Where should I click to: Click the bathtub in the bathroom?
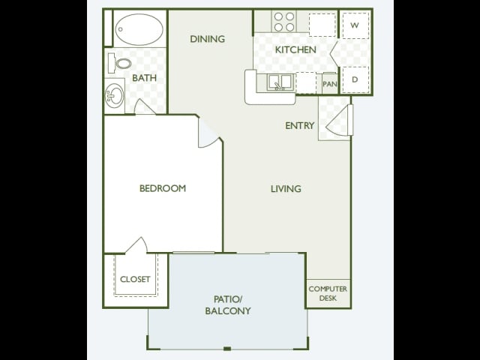point(139,29)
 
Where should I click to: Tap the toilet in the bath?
point(120,63)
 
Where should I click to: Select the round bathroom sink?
point(115,96)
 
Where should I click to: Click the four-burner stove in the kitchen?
point(284,22)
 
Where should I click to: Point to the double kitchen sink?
point(280,82)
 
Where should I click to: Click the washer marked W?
point(355,25)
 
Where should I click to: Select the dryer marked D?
point(355,79)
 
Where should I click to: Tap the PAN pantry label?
point(330,83)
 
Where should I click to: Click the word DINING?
point(208,39)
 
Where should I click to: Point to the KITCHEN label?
point(295,49)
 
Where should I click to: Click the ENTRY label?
point(300,125)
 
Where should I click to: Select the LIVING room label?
point(286,188)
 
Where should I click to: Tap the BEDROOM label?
point(163,188)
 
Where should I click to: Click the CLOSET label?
point(135,279)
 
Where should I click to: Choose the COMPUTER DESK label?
point(328,293)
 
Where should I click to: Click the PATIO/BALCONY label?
point(228,305)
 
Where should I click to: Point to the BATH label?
point(145,78)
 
